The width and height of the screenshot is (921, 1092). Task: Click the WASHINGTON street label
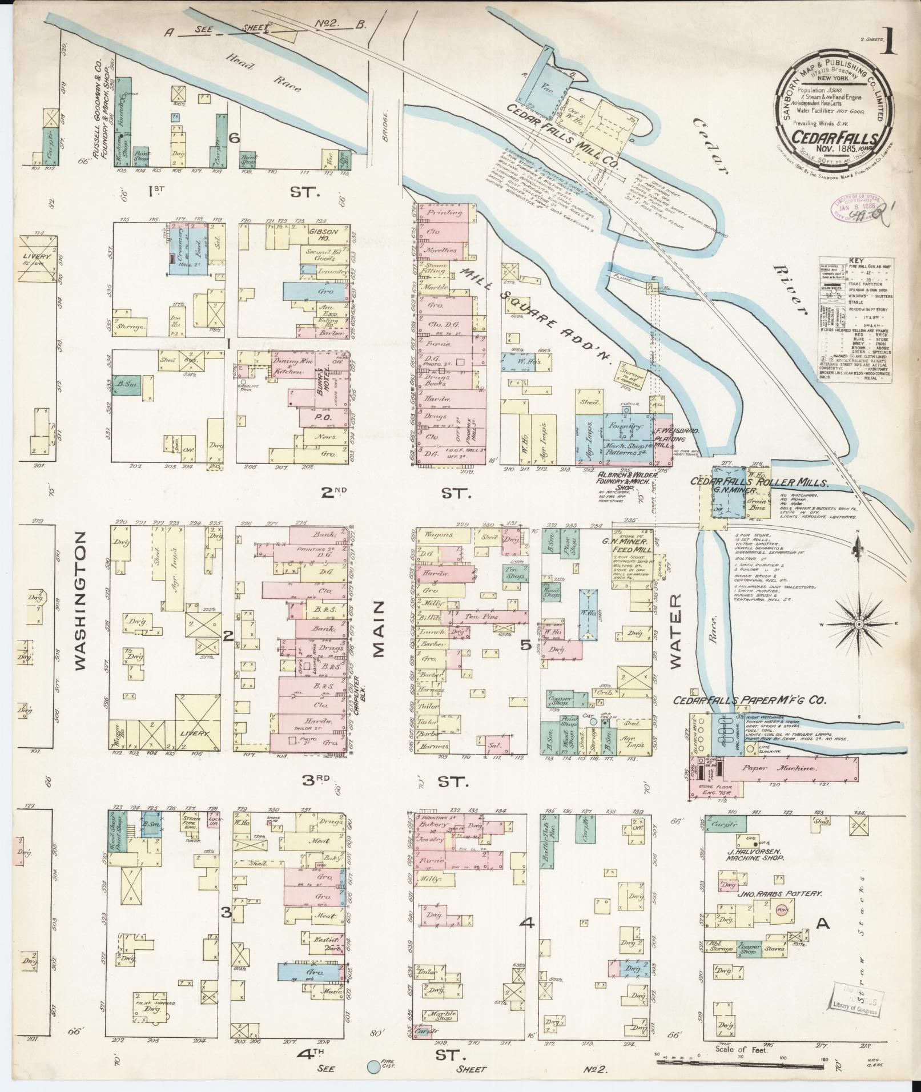(x=81, y=601)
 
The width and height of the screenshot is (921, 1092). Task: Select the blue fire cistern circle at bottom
(x=373, y=1066)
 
